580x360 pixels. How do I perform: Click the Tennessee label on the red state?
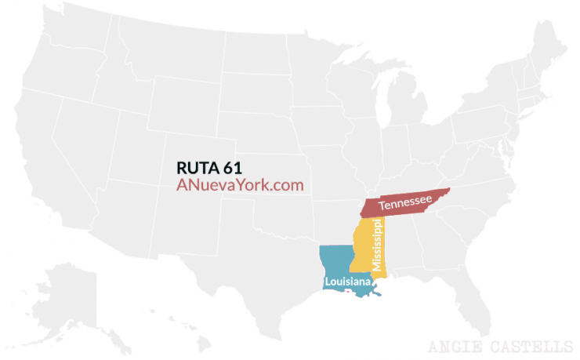[404, 204]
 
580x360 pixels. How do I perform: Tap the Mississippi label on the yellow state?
[378, 245]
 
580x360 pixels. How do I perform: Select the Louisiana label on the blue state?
[347, 280]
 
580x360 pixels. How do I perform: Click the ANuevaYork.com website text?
[239, 186]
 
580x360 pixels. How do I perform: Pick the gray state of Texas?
[259, 259]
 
